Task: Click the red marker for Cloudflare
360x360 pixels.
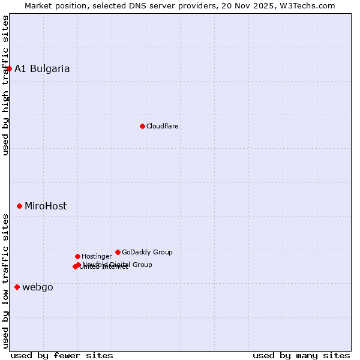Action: click(x=142, y=126)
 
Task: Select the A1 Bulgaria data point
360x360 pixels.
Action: click(x=9, y=68)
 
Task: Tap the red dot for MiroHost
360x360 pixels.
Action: click(x=19, y=206)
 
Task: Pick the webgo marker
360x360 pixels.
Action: click(x=17, y=287)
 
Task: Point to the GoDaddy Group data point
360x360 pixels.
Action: click(x=118, y=252)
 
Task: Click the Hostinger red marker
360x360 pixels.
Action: click(x=77, y=256)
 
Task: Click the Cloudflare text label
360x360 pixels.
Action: click(x=163, y=126)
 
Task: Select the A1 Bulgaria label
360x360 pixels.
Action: click(x=42, y=68)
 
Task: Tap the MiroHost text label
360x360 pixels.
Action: click(x=46, y=206)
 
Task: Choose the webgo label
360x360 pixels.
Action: click(x=38, y=287)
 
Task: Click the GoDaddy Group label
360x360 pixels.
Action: click(x=147, y=252)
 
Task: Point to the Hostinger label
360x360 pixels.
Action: click(x=97, y=256)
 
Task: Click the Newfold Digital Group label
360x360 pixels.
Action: click(x=118, y=264)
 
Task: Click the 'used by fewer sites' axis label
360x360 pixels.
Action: click(x=62, y=355)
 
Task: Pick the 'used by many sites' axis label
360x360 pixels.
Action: click(x=301, y=355)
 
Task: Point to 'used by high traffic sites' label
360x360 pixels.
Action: click(x=5, y=85)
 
